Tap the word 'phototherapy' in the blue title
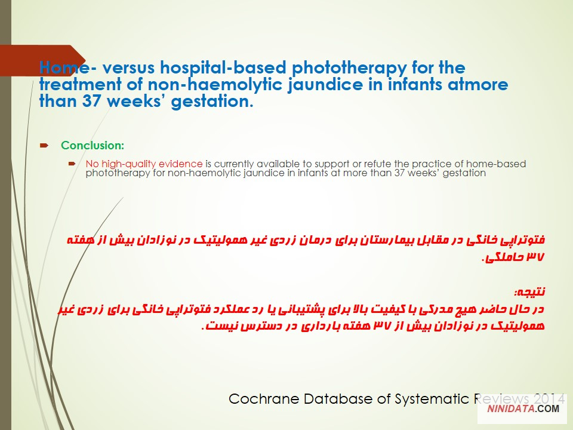(x=349, y=68)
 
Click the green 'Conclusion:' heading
(x=93, y=145)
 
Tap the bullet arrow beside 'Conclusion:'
(x=44, y=146)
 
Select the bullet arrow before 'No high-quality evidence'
(x=72, y=164)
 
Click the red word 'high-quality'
(x=128, y=164)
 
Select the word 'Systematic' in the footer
(x=432, y=399)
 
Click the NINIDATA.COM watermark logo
(x=523, y=408)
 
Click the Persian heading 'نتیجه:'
(x=529, y=292)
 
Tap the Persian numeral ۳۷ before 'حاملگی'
(x=535, y=257)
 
